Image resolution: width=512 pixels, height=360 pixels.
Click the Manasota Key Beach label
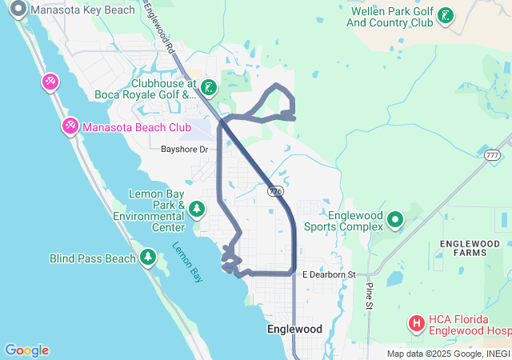[83, 10]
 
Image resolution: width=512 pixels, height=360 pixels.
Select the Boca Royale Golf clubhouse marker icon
[208, 87]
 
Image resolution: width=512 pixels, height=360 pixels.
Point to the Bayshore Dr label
[184, 149]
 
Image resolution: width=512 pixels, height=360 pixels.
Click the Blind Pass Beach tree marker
[147, 257]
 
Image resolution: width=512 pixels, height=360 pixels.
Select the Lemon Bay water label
[185, 262]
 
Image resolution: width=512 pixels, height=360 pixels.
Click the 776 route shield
[275, 191]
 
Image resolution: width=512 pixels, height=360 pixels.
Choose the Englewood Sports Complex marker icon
[395, 218]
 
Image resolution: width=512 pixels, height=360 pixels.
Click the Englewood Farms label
[462, 247]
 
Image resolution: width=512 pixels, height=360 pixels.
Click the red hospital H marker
[417, 323]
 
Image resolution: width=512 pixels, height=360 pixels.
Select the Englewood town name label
[294, 329]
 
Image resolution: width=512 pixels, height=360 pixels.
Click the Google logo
[26, 350]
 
